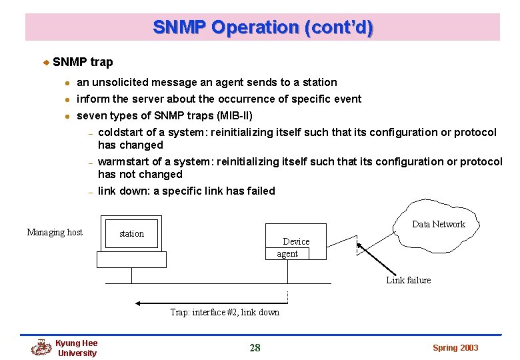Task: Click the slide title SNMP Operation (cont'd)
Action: click(263, 27)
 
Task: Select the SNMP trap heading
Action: click(83, 62)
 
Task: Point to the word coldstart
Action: click(121, 132)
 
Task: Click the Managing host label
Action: click(55, 232)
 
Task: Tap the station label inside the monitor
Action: click(131, 233)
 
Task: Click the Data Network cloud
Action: click(438, 224)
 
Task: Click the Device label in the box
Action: click(296, 241)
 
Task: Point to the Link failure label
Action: click(408, 280)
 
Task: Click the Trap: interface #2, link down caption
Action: click(225, 312)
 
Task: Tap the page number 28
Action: click(255, 347)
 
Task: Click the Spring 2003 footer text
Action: click(455, 347)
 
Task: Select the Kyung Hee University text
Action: click(76, 348)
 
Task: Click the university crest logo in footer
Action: click(41, 347)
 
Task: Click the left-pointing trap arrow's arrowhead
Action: click(139, 303)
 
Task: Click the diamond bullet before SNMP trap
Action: click(46, 63)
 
